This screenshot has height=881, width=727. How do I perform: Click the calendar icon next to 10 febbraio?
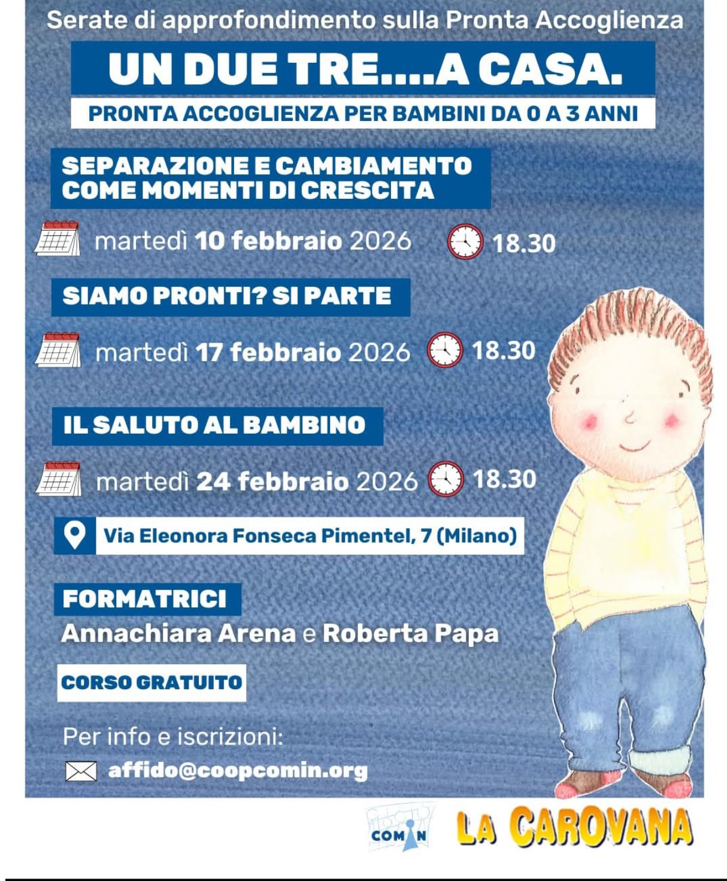[57, 238]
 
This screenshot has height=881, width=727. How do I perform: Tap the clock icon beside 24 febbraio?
[446, 479]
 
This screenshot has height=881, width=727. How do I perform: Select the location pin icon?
[74, 535]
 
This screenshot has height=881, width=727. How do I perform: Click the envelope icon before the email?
[81, 771]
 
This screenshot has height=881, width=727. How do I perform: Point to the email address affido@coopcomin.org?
[238, 770]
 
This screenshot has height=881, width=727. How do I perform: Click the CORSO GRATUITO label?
[152, 683]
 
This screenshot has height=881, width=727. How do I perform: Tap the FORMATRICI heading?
[145, 599]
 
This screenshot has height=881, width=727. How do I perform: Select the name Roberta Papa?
[410, 634]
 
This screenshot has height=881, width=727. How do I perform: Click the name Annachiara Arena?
[178, 634]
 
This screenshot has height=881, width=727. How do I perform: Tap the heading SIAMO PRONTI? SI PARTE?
[227, 296]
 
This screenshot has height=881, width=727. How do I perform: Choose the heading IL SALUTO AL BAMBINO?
[214, 425]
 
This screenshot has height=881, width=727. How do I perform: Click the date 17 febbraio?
[268, 352]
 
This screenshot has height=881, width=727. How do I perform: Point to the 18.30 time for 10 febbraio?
[524, 243]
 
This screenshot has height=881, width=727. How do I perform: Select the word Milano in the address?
[476, 535]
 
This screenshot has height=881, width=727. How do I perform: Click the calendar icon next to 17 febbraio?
[58, 350]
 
